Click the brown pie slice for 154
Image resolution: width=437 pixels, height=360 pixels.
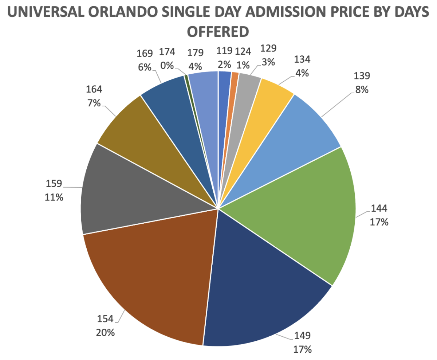[153, 277]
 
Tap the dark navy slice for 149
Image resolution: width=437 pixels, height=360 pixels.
[262, 291]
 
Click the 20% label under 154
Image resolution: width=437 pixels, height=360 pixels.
[105, 332]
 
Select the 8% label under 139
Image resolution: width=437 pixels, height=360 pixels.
[362, 89]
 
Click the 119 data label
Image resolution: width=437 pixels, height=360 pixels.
[224, 51]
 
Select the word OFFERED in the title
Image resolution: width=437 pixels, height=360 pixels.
[217, 31]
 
